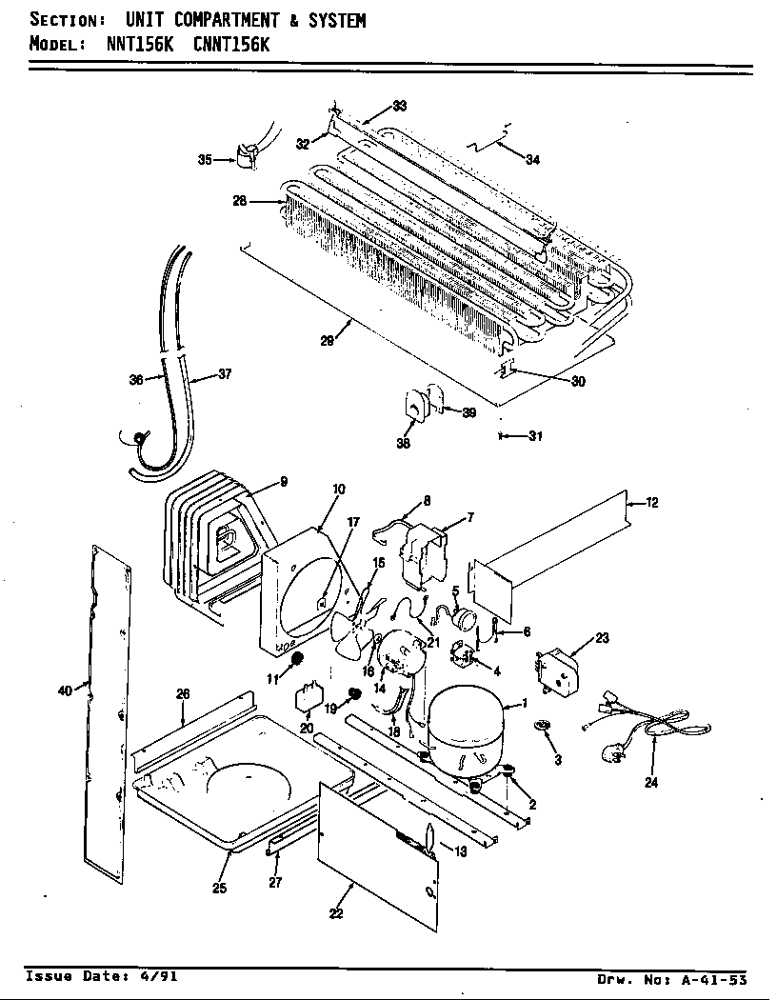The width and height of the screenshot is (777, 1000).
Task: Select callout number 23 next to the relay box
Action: coord(601,639)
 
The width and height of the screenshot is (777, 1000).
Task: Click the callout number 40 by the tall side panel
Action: coord(65,691)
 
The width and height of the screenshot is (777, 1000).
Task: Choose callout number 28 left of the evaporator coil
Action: coord(240,201)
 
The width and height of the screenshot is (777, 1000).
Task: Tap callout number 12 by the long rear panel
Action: coord(652,503)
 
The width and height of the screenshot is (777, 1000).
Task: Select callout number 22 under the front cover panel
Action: coord(335,915)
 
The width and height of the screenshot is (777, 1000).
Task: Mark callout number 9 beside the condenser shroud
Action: coord(283,482)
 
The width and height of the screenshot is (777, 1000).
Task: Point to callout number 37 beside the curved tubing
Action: coord(225,374)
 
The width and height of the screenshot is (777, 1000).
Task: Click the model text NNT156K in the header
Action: coord(132,44)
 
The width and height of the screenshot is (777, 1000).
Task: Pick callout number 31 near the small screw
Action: coord(535,437)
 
